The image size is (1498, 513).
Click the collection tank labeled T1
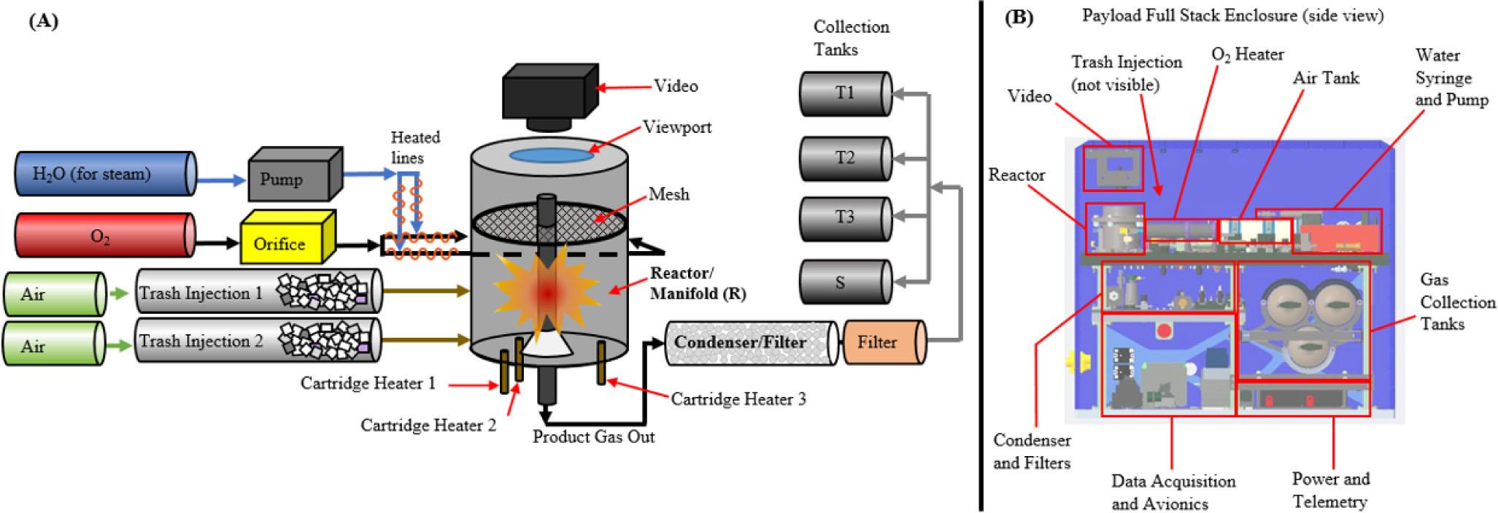coord(845,93)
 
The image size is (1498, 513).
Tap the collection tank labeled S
coord(845,282)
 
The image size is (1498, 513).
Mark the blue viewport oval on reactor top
coord(549,155)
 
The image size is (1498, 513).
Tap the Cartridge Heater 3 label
coord(738,399)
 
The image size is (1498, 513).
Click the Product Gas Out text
coord(593,436)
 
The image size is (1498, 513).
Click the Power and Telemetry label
coord(1330,490)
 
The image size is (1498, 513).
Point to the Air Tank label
coord(1326,78)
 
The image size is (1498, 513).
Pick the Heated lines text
coord(414,147)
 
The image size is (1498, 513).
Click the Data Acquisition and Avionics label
coord(1173,492)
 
